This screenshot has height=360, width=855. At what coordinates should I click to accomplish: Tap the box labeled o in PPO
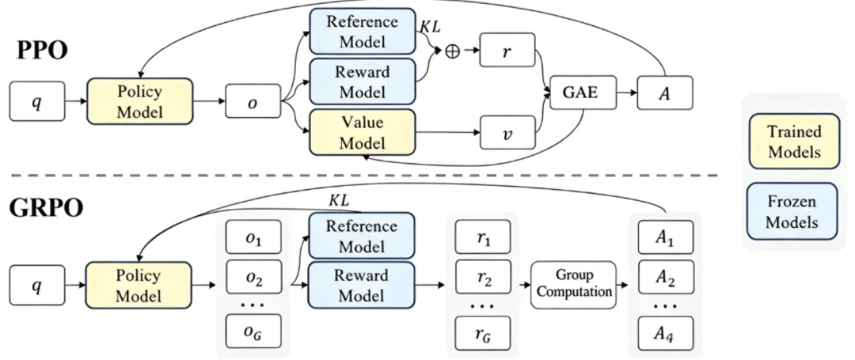(253, 100)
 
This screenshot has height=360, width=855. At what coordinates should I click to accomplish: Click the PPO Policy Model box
(139, 100)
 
